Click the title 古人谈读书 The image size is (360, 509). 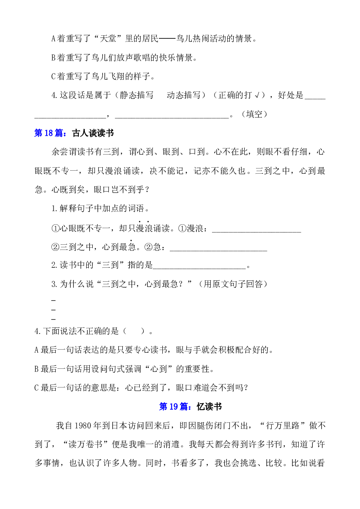tap(93, 133)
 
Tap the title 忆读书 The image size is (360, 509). tap(209, 407)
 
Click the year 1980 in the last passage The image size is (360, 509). tap(84, 425)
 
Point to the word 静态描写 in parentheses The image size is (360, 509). tap(137, 95)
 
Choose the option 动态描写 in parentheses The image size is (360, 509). tap(183, 95)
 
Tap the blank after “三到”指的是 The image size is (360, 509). tap(199, 269)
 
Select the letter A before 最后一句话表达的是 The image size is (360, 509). tap(37, 350)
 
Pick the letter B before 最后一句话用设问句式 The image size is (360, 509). tap(37, 369)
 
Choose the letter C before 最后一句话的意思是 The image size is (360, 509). tap(37, 388)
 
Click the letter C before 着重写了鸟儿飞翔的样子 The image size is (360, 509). tap(54, 77)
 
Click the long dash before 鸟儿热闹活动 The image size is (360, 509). tap(167, 39)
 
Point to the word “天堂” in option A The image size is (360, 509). tap(108, 39)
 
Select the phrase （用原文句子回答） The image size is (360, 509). tap(233, 284)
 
